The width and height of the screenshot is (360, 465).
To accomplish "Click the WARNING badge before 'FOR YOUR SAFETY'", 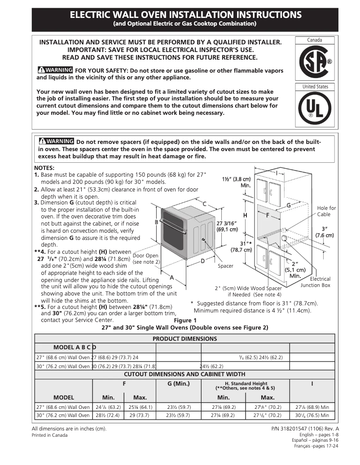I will point(55,70).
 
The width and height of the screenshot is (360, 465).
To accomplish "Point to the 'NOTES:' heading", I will point(44,168).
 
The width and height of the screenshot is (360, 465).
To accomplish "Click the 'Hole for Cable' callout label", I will point(326,211).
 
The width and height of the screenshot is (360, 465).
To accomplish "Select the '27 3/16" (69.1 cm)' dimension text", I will point(228,226).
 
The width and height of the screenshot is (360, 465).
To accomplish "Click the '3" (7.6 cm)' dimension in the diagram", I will point(325,231).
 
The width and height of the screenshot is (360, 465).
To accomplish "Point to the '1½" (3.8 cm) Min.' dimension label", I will point(237,182).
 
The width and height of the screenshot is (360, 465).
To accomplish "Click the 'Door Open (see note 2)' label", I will point(146,259).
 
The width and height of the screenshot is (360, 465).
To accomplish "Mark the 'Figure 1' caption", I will point(185,320).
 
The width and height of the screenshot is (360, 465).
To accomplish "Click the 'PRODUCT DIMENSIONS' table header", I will point(184,339).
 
